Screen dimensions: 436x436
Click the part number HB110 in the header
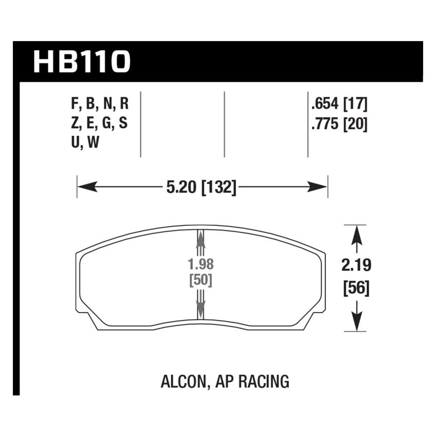coord(82,62)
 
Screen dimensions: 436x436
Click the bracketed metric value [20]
coord(355,125)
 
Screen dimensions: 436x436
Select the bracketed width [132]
coord(219,188)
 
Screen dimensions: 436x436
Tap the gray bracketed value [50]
coord(201,281)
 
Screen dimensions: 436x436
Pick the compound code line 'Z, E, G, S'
coord(100,125)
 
